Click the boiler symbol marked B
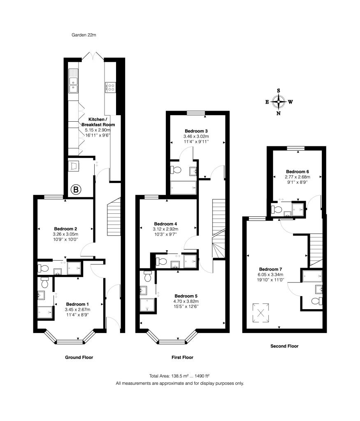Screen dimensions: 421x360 76,190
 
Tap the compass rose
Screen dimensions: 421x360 279,102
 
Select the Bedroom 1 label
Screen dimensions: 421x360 77,304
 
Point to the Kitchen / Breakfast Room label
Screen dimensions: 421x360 98,122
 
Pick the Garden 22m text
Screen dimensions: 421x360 84,35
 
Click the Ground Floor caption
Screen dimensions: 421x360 79,357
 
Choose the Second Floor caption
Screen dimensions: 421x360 284,346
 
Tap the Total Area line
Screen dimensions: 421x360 180,376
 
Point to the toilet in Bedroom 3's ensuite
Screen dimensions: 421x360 176,170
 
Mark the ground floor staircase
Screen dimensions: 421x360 113,215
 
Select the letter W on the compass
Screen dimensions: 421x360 290,102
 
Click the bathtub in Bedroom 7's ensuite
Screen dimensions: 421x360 311,275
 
